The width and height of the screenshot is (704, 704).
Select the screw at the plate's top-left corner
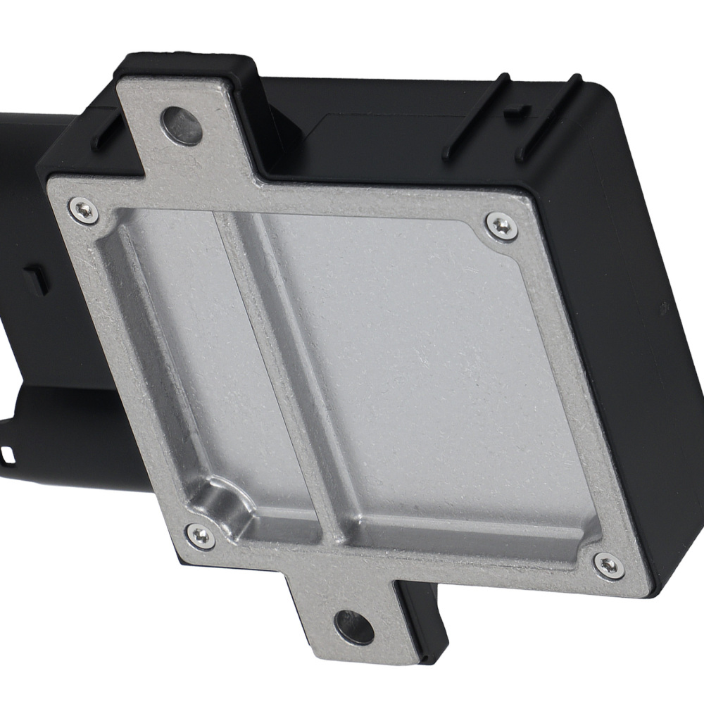[x=84, y=209]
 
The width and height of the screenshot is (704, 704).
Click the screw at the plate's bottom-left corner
[x=201, y=536]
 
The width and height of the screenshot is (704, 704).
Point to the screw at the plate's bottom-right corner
[x=608, y=565]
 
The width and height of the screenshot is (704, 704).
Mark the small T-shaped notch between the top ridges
[x=519, y=111]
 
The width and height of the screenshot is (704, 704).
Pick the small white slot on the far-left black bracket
[x=8, y=449]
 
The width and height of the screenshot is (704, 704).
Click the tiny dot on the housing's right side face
[x=662, y=308]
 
